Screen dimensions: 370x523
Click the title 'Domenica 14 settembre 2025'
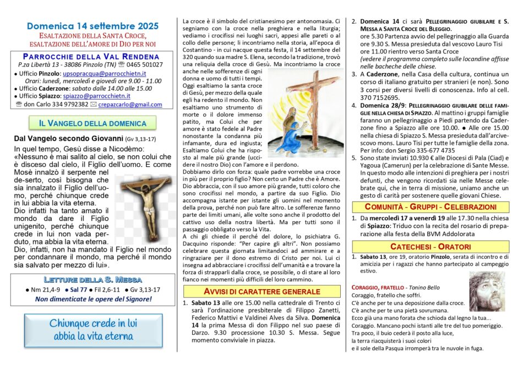(x=92, y=26)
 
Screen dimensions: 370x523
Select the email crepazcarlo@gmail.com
(x=130, y=104)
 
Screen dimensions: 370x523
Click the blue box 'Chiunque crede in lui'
(x=92, y=329)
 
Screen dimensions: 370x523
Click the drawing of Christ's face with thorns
(x=487, y=291)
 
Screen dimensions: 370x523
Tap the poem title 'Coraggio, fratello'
(x=374, y=287)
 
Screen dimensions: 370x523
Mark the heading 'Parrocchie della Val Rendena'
(x=92, y=56)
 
